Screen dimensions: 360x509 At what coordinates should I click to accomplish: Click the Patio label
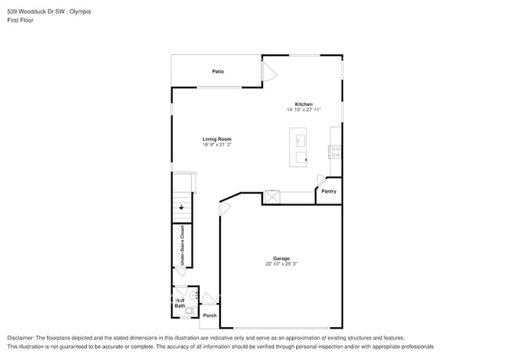pos(218,72)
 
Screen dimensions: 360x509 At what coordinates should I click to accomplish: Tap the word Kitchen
pos(304,104)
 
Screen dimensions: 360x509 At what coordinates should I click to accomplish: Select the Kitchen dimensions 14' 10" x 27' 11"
pos(304,110)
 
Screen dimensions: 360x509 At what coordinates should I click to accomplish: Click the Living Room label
pos(217,139)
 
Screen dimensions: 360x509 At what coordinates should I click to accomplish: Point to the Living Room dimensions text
pos(217,145)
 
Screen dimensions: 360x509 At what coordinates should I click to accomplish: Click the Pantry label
pos(329,191)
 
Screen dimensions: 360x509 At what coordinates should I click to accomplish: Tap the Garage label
pos(281,258)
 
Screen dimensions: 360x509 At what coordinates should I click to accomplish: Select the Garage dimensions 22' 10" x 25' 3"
pos(281,265)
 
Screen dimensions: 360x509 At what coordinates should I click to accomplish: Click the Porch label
pos(209,315)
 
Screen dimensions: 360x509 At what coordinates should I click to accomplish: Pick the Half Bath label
pos(180,303)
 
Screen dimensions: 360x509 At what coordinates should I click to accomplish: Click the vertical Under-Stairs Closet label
pos(182,247)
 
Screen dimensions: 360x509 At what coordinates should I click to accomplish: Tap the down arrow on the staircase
pos(182,207)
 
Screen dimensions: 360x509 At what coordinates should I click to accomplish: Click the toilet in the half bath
pos(193,296)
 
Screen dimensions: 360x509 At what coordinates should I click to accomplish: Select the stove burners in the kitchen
pos(335,149)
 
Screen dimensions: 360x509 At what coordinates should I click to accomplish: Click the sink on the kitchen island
pos(301,140)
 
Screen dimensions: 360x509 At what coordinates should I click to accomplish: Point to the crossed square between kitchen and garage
pos(273,197)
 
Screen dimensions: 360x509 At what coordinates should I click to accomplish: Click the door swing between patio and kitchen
pos(268,73)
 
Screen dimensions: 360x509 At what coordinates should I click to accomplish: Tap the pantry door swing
pos(321,180)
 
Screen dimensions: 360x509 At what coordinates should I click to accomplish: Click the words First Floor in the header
pos(20,20)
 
